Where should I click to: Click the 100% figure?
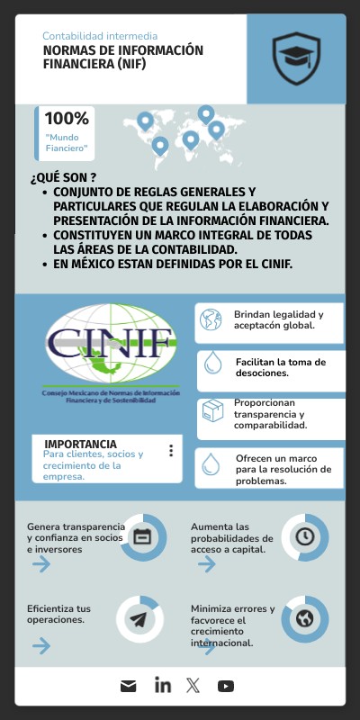(x=67, y=118)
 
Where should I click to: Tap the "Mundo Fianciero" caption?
(x=67, y=142)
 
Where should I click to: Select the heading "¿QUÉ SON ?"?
(x=63, y=177)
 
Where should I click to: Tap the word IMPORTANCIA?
(x=80, y=444)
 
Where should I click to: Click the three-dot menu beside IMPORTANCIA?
(x=171, y=451)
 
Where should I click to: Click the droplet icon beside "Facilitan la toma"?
(x=212, y=363)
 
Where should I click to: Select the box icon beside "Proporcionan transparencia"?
(x=212, y=413)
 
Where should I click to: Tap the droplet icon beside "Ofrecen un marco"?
(x=211, y=463)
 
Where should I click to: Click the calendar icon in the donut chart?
(x=142, y=536)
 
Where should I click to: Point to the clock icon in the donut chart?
(x=305, y=536)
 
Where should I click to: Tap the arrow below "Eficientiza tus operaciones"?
(x=40, y=645)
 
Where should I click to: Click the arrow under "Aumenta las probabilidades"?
(x=206, y=564)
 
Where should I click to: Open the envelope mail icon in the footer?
(x=129, y=686)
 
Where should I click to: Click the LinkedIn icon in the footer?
(x=162, y=686)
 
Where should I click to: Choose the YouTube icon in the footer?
(x=226, y=686)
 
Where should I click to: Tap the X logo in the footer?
(x=193, y=686)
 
